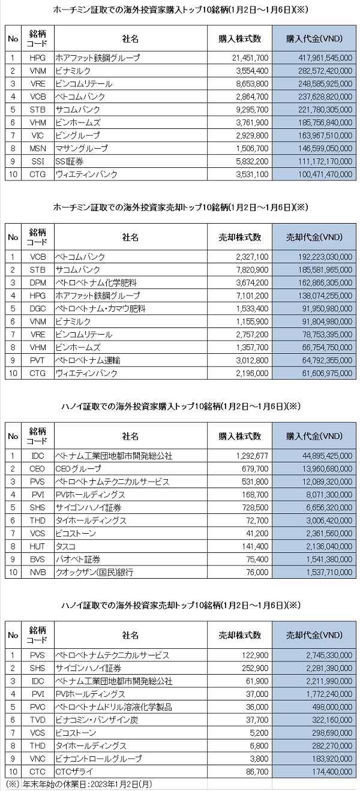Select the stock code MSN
coord(37,148)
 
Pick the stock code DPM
coord(37,283)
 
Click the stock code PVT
coord(37,360)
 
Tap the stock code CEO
coord(37,469)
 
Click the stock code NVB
coord(37,572)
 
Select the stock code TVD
coord(37,720)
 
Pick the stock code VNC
coord(37,758)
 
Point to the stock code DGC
coord(37,309)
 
